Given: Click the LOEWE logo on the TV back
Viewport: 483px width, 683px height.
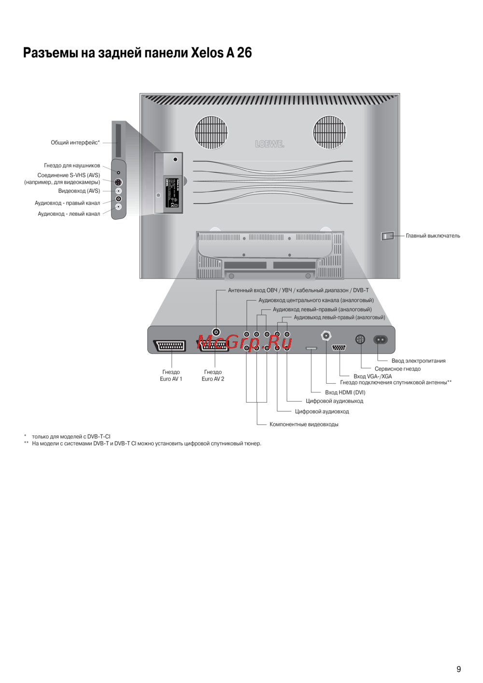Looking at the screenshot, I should (270, 144).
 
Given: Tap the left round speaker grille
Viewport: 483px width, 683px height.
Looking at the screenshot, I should (211, 132).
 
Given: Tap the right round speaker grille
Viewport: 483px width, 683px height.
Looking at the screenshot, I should (329, 132).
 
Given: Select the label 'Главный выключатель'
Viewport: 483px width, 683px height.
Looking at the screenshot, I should (433, 236).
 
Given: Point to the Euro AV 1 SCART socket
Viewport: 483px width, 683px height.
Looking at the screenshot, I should (170, 346).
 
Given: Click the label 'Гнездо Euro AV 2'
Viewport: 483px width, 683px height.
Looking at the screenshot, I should (213, 376).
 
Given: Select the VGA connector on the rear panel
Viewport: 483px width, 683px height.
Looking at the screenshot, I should (339, 348).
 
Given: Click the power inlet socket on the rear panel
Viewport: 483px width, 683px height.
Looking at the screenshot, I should (381, 340).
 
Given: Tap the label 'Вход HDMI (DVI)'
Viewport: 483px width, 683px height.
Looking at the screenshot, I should (345, 392).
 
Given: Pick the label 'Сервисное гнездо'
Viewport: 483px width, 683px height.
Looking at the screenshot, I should (398, 369).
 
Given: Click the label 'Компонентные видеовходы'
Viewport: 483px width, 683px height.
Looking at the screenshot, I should (304, 424).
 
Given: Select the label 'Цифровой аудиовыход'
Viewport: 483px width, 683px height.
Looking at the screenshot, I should (334, 401).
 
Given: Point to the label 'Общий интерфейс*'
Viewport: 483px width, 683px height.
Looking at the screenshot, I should (75, 142).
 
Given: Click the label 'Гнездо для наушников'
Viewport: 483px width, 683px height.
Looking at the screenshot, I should (72, 166).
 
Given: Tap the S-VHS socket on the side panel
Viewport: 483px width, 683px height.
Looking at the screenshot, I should (118, 182).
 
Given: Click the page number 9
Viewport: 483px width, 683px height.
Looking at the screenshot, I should (458, 669).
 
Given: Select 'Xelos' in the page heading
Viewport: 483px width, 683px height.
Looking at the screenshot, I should (207, 53).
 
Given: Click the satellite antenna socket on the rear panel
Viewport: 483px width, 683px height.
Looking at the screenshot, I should (327, 335).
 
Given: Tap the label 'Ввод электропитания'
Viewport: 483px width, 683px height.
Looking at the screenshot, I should (418, 361).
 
